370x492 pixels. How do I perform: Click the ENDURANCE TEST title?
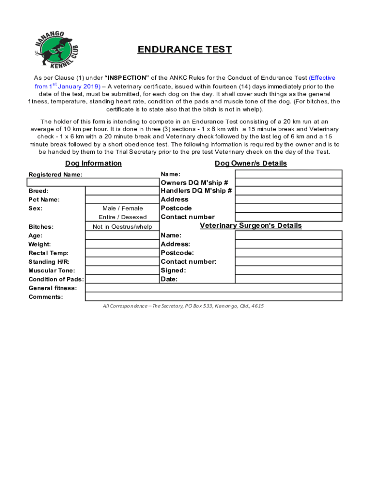click(185, 49)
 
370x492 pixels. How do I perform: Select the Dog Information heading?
click(93, 163)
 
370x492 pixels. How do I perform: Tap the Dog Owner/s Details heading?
click(250, 163)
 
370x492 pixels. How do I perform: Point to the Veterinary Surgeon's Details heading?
click(250, 225)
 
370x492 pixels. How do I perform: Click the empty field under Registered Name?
click(93, 183)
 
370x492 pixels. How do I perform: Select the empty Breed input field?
click(122, 191)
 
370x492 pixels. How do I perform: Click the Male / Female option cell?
click(122, 209)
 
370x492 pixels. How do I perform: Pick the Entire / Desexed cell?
click(122, 217)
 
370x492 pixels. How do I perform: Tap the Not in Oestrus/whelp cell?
click(122, 227)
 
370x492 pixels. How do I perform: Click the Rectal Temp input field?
click(122, 253)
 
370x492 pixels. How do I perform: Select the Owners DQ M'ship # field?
click(288, 183)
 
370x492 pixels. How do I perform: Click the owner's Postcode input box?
click(288, 209)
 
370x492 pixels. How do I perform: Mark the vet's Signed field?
click(288, 271)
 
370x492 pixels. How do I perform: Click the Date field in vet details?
click(288, 279)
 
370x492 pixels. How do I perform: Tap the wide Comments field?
click(213, 297)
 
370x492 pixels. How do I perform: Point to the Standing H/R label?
click(49, 262)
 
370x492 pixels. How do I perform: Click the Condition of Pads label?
click(56, 279)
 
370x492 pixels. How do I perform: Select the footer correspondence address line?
click(183, 306)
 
